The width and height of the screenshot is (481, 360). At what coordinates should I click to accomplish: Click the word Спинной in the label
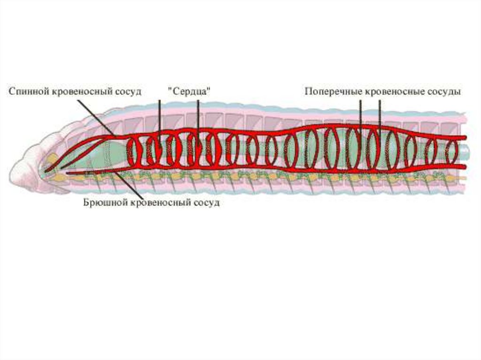click(29, 91)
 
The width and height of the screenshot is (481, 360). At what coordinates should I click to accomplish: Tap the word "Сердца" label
click(189, 91)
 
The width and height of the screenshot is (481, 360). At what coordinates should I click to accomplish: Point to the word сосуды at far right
click(444, 91)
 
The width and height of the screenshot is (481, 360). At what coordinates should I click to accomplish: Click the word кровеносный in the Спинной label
click(80, 91)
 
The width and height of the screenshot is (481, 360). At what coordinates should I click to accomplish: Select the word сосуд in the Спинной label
click(126, 91)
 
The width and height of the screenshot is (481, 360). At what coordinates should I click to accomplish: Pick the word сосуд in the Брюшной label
click(205, 203)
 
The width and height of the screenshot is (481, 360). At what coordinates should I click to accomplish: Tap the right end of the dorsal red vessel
click(464, 138)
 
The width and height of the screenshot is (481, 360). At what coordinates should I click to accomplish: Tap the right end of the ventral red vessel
click(464, 166)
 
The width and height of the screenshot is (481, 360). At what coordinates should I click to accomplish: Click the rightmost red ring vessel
click(451, 152)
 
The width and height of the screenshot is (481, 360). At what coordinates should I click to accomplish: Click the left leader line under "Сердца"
click(159, 117)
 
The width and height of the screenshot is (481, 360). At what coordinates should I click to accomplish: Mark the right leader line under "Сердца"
click(198, 117)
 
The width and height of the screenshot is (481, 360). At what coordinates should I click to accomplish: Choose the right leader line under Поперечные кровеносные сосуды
click(380, 113)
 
